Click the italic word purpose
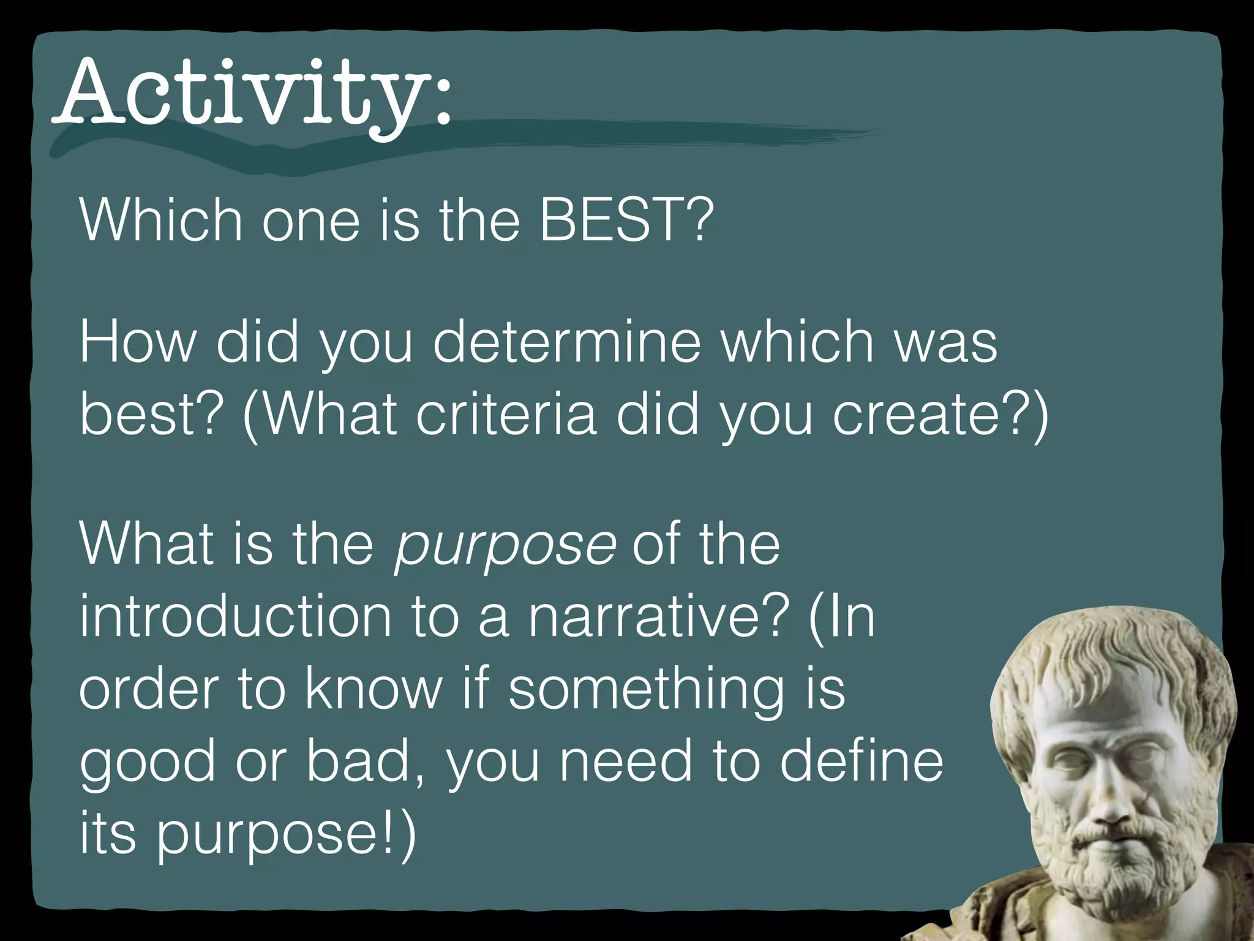(504, 545)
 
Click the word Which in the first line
(160, 221)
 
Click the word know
(373, 689)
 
